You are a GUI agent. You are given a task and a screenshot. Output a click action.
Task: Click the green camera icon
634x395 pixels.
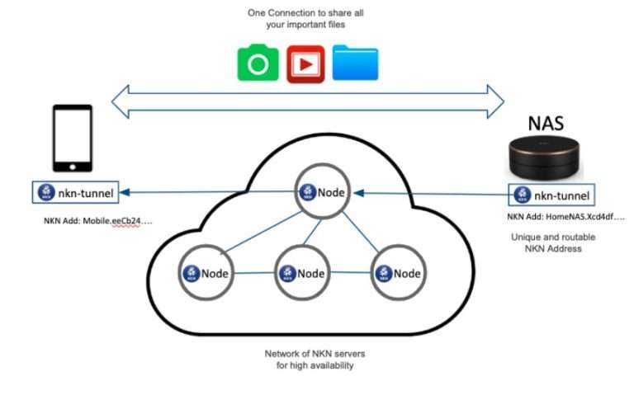(x=258, y=63)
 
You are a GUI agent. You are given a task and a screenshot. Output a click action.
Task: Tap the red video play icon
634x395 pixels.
(x=305, y=63)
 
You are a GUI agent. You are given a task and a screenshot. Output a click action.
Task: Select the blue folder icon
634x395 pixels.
(x=355, y=63)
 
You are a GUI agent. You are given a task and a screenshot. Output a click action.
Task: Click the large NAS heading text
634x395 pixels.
(x=546, y=125)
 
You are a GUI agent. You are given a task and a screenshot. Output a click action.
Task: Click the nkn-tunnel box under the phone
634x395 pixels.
(x=75, y=194)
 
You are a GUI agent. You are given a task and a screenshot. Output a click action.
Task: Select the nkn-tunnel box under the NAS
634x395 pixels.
(x=552, y=195)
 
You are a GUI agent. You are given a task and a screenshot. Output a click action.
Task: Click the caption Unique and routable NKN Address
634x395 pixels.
(x=552, y=242)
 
